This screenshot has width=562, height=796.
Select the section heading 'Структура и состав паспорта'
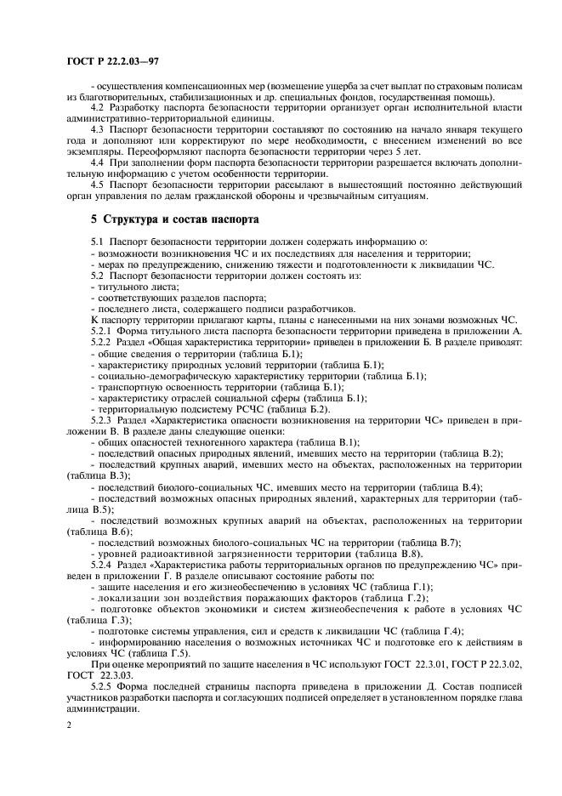(179, 219)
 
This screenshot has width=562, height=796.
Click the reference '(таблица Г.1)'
(399, 586)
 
